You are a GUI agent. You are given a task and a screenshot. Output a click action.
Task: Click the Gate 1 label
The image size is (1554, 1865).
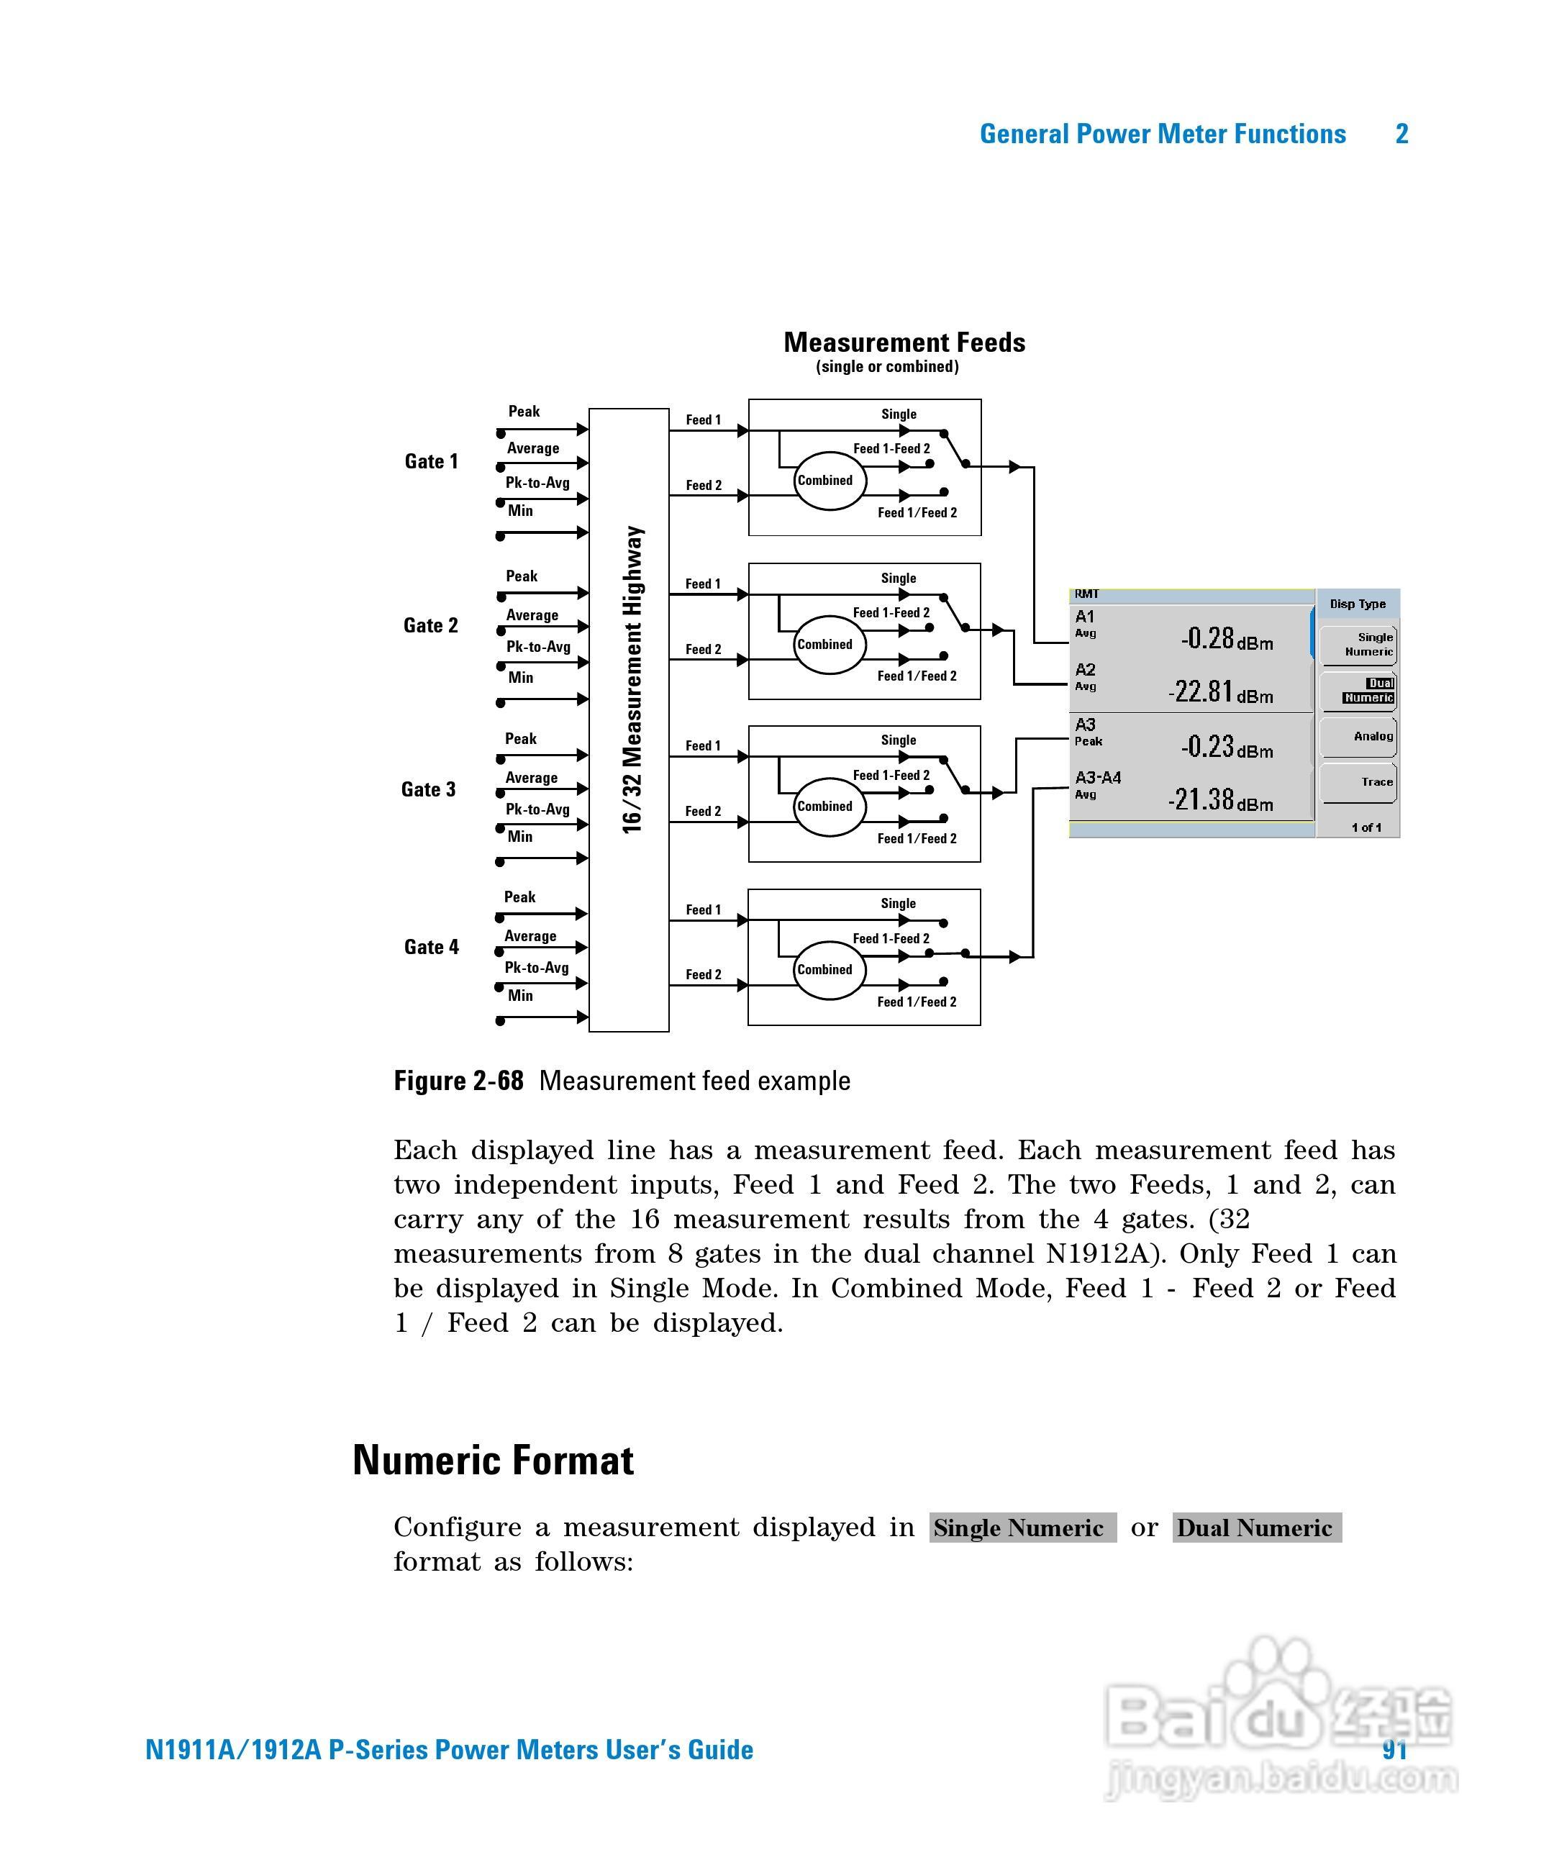[431, 461]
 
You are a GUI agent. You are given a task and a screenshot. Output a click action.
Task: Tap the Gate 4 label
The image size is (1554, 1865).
[431, 947]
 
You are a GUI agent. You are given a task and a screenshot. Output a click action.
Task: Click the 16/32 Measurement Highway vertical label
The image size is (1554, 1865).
[632, 679]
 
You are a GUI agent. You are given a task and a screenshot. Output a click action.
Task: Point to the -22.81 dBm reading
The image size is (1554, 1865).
[1220, 692]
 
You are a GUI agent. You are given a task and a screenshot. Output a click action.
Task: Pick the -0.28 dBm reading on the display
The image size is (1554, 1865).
[1227, 638]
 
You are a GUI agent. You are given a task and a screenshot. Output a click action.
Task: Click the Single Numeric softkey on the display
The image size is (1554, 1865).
[1358, 645]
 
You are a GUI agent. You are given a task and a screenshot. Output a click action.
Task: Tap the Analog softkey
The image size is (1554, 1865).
[1358, 736]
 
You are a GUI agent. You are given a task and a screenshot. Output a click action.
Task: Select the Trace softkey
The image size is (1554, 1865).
[1358, 782]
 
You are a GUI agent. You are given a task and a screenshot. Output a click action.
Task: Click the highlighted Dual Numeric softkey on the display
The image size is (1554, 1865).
[1358, 691]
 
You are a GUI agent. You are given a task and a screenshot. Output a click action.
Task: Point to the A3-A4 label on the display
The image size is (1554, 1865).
[1098, 778]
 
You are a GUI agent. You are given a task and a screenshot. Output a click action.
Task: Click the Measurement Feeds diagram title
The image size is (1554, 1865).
[904, 342]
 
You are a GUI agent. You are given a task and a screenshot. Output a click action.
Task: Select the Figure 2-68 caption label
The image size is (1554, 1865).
[458, 1081]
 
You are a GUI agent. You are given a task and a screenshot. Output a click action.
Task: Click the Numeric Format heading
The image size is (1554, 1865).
[493, 1461]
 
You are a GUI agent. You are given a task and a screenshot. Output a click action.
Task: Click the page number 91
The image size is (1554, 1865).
[1394, 1750]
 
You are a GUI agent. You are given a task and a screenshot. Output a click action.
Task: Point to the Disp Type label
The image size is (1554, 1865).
[1357, 604]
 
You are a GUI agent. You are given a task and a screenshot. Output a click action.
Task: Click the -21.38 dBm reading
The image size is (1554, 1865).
[1220, 800]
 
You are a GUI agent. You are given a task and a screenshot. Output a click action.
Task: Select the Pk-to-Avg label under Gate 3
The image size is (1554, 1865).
[537, 809]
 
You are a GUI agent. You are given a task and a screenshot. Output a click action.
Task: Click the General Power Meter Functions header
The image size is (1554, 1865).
[1163, 134]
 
